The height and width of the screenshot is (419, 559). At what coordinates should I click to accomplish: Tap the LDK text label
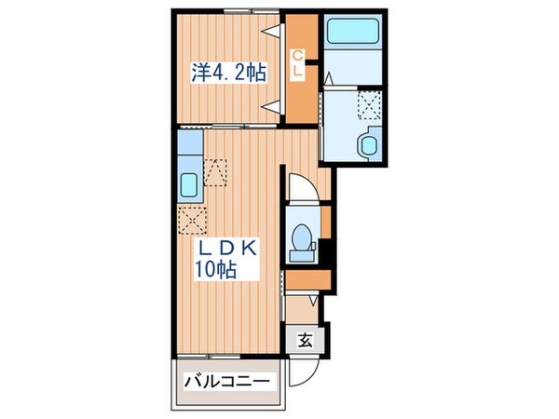point(226,249)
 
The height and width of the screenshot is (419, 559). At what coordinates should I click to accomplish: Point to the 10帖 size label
point(215,271)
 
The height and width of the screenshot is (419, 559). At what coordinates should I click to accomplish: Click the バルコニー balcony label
point(227,383)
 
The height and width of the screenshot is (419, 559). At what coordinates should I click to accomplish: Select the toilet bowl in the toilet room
point(300,239)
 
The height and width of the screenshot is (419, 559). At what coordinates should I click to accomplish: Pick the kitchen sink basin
point(188,185)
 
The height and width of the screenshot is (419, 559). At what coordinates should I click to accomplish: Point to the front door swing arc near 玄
point(302,373)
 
